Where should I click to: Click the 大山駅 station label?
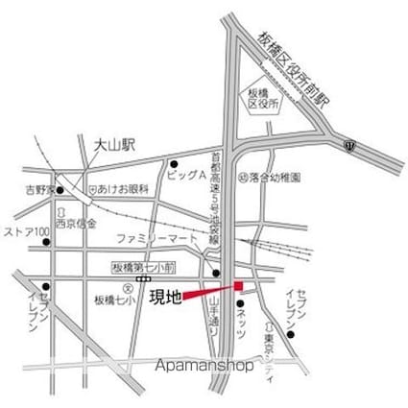pyautogui.click(x=115, y=144)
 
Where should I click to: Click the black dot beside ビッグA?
pyautogui.click(x=173, y=163)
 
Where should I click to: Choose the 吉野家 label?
pyautogui.click(x=39, y=189)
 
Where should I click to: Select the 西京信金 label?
pyautogui.click(x=76, y=223)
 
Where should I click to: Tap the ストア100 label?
pyautogui.click(x=26, y=232)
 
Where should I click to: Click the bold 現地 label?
pyautogui.click(x=165, y=297)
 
